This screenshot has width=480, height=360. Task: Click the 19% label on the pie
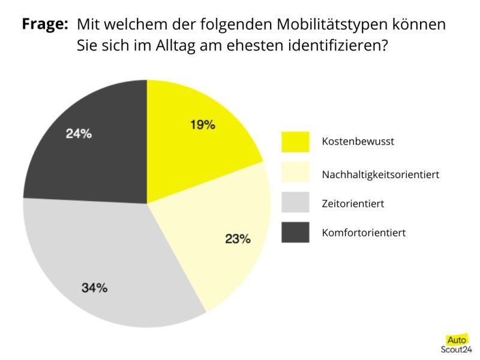(x=202, y=125)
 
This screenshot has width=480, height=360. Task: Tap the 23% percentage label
(x=238, y=239)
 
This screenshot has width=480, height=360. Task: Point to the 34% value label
(x=95, y=287)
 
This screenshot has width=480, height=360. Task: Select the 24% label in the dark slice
(x=79, y=134)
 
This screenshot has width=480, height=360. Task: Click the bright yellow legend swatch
(x=295, y=142)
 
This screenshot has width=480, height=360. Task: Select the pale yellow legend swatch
(x=295, y=172)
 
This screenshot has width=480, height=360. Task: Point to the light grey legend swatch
(x=295, y=203)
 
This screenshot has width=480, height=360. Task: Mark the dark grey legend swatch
(x=295, y=232)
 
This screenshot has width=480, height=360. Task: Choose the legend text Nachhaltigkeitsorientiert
(x=380, y=175)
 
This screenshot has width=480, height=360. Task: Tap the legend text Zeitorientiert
(x=353, y=204)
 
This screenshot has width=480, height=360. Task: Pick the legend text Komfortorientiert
(x=364, y=233)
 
